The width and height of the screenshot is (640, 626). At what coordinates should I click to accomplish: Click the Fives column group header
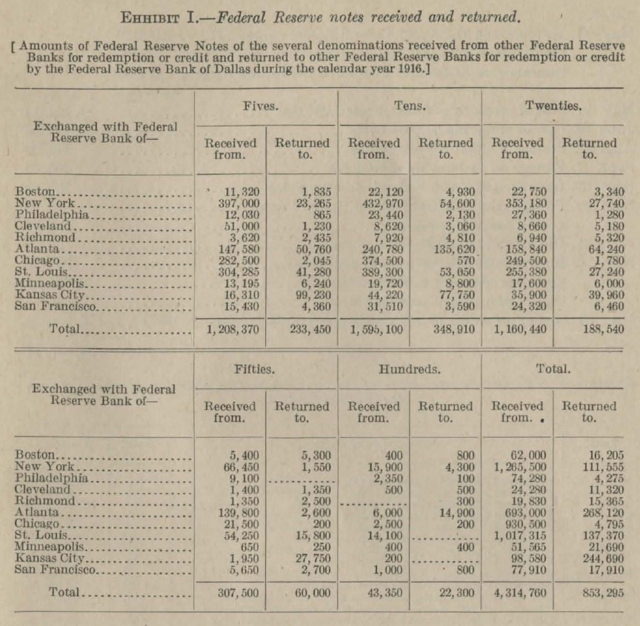tap(261, 106)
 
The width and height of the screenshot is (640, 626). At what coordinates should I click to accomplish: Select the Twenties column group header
tap(554, 106)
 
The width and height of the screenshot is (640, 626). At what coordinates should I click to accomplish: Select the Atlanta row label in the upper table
tap(36, 249)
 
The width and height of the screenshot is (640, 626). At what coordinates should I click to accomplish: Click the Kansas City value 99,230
tap(307, 295)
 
